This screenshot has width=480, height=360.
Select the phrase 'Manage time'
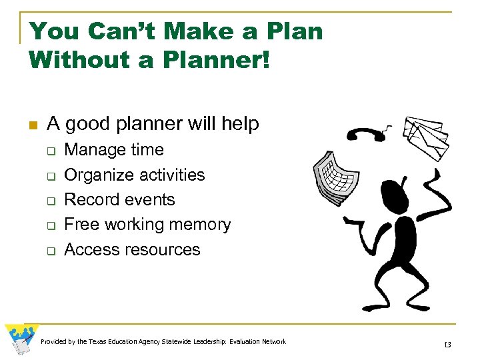[x=113, y=150]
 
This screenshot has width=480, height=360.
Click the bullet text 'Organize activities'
[x=134, y=175]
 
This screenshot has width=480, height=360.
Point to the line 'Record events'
[x=119, y=199]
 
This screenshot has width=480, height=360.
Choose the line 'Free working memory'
[x=147, y=225]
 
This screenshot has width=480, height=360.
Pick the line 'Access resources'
[x=132, y=249]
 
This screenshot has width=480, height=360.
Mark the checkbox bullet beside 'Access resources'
[x=50, y=251]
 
